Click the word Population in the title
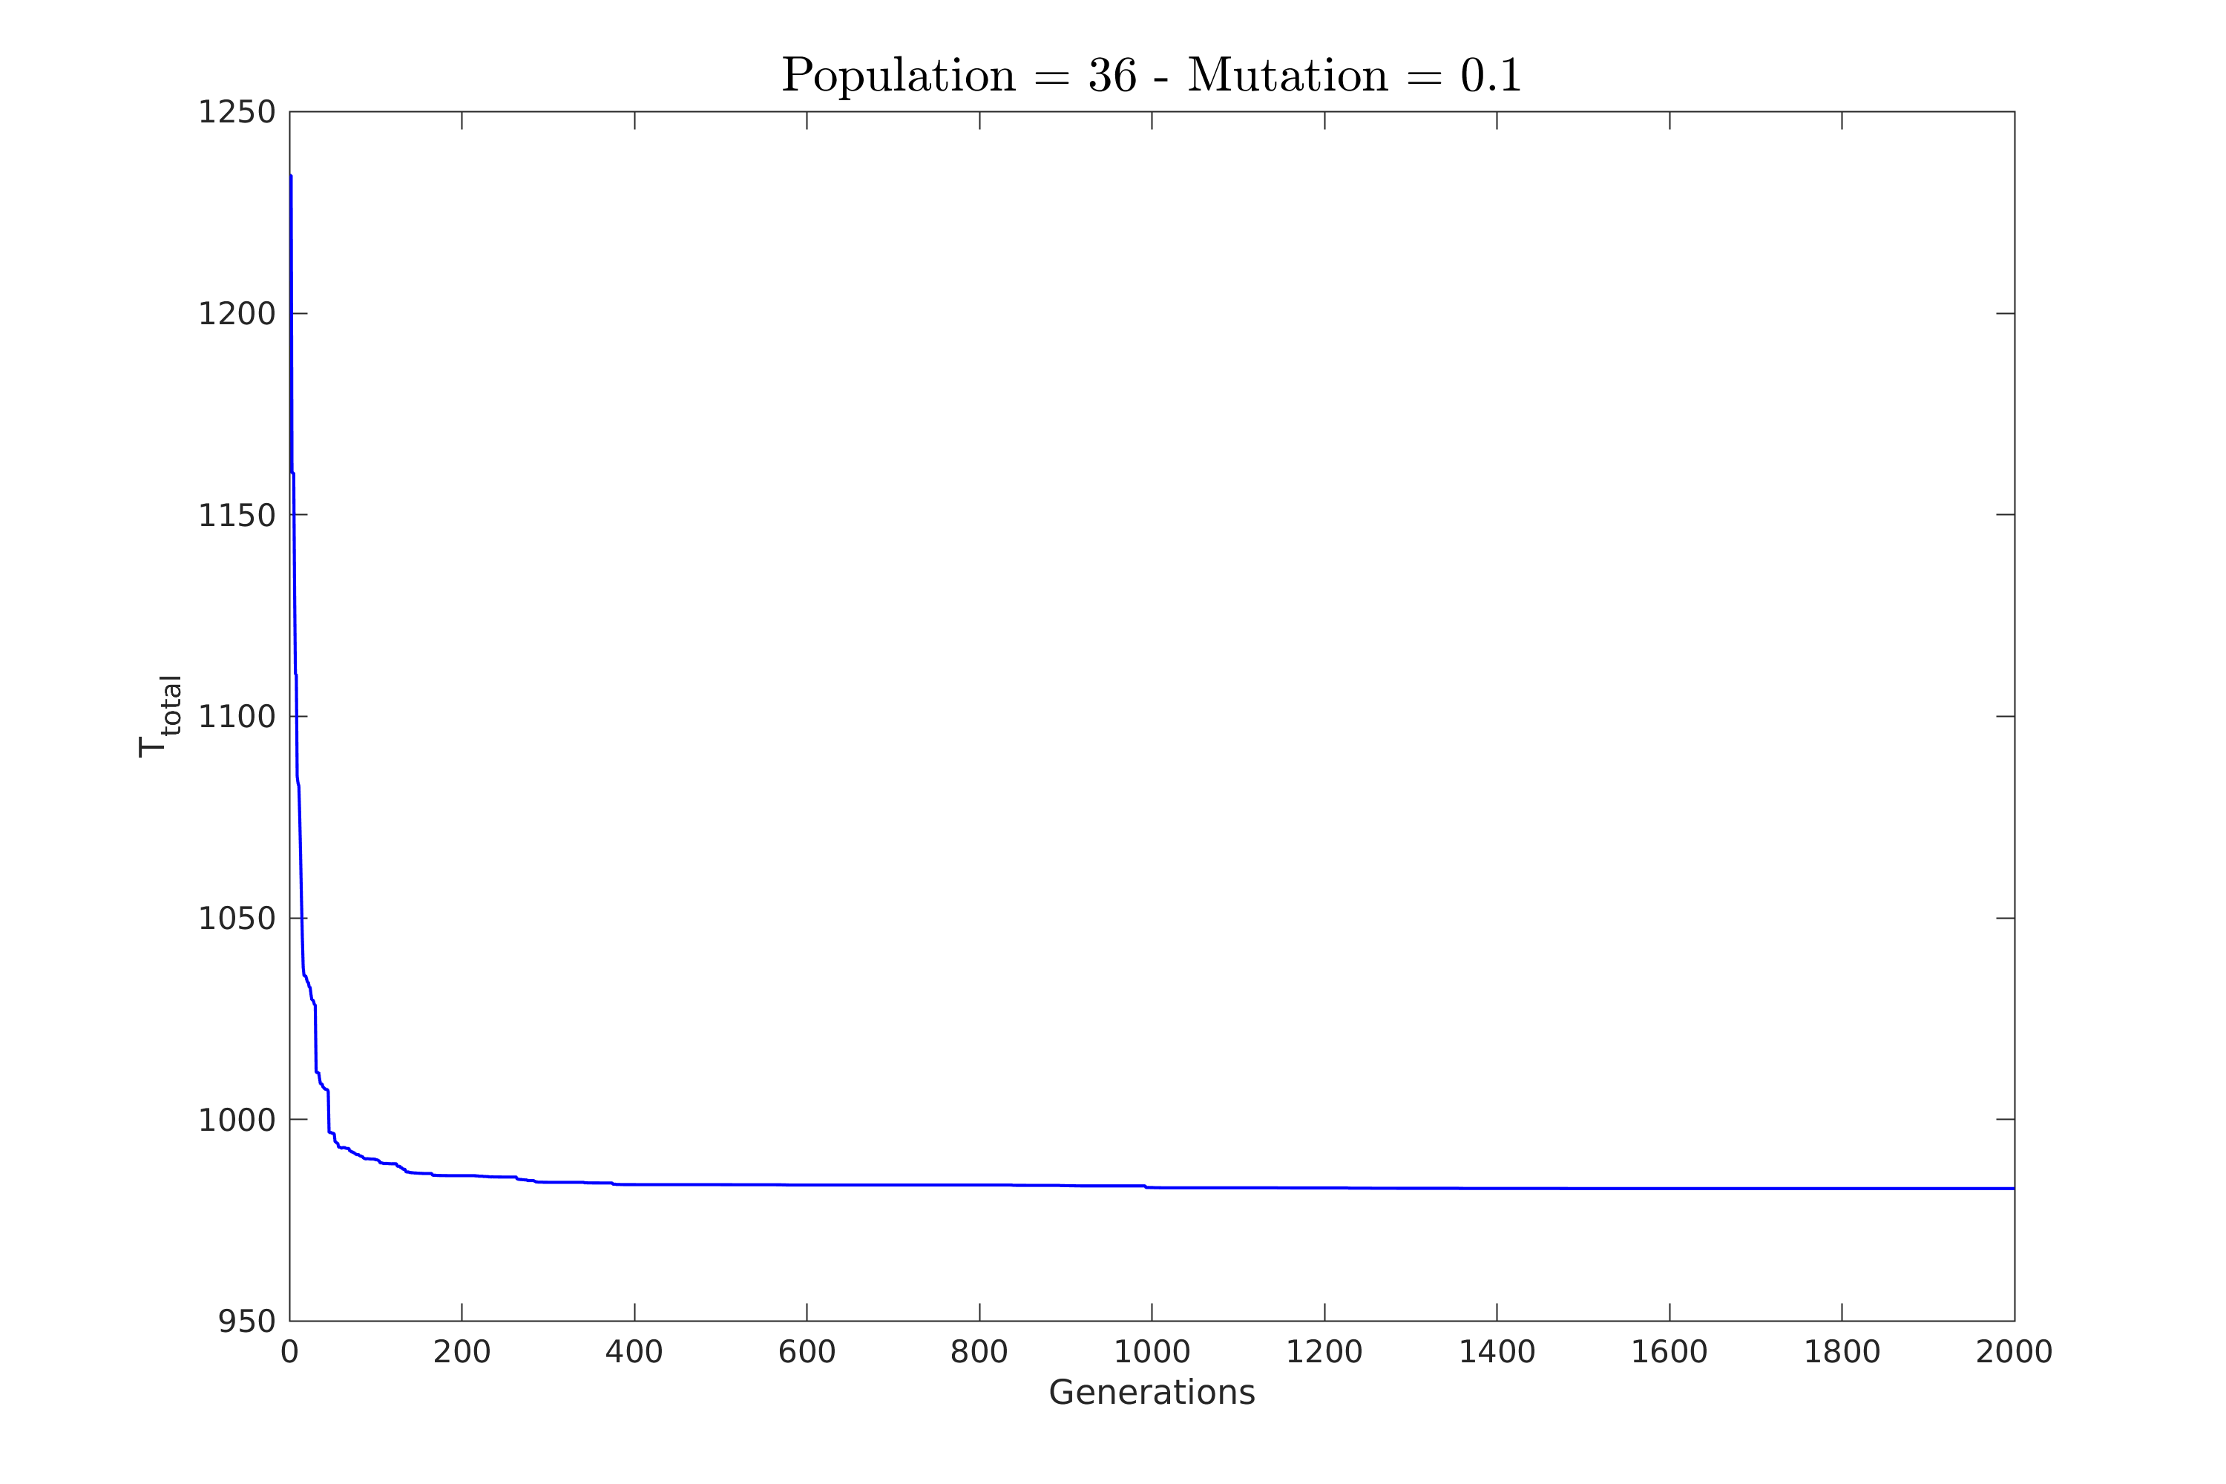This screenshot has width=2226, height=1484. (x=897, y=76)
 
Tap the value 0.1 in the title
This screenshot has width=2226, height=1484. (x=1491, y=76)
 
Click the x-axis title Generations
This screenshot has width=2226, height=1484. (x=1152, y=1393)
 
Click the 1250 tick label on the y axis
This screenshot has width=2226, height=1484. (x=236, y=113)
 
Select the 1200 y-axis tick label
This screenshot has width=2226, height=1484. (x=236, y=314)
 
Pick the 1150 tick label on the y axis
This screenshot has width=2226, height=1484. (x=236, y=516)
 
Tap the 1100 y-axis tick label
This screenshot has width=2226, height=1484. (x=236, y=718)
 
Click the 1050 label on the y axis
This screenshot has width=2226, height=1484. (x=236, y=919)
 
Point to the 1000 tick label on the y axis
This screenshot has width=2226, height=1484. (x=236, y=1120)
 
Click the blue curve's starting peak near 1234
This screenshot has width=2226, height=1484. (x=291, y=177)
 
